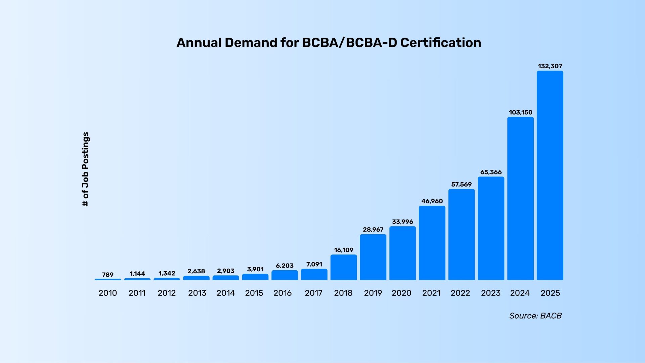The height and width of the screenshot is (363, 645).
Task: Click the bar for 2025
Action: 550,175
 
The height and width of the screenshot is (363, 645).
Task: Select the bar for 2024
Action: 520,198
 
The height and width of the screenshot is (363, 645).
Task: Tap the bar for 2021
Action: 432,243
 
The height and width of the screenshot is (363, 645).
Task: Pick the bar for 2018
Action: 344,267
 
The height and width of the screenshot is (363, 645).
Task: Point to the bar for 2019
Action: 373,257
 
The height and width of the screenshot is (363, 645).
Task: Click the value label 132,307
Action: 550,66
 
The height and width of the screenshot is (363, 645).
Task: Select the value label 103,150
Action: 520,112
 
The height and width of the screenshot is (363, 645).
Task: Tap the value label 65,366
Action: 491,172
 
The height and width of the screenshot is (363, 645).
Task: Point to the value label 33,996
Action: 402,222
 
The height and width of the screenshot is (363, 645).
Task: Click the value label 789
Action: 108,275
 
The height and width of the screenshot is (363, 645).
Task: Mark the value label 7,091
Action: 314,265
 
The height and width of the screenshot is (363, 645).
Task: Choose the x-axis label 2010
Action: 108,293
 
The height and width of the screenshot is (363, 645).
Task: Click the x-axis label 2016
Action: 283,293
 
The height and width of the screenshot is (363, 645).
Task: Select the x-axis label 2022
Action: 460,293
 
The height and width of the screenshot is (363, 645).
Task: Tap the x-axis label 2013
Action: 197,293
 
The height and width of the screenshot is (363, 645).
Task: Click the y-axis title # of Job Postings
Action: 86,169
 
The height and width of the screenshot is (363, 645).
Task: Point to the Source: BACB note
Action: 535,316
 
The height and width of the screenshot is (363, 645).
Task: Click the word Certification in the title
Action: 441,43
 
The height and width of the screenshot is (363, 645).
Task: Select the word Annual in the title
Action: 199,43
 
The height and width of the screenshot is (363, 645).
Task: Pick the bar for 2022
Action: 461,234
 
